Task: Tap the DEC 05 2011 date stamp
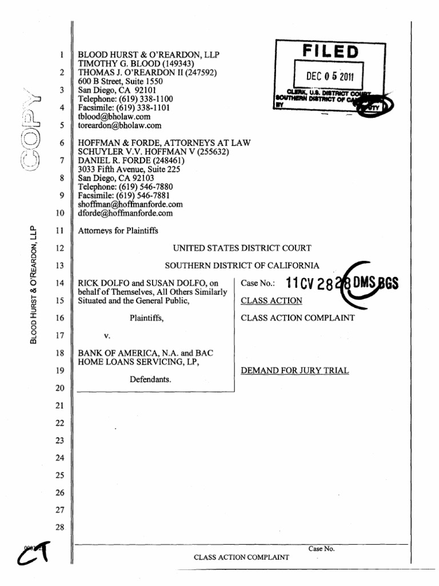coord(330,76)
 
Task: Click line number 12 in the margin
coord(60,248)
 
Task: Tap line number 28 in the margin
coord(60,527)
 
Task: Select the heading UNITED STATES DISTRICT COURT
coord(242,248)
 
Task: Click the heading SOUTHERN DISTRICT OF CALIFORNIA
coord(242,266)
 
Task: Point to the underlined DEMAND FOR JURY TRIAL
coord(294,370)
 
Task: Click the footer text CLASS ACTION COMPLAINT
coord(241,557)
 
